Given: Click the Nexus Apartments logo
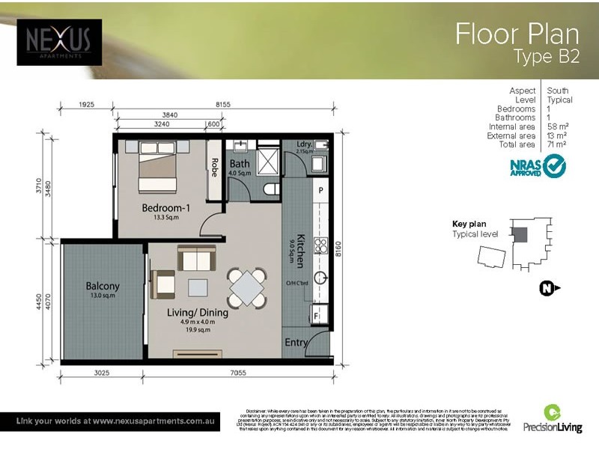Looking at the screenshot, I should pos(59,42).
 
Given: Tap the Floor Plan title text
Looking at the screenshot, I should pos(517,34).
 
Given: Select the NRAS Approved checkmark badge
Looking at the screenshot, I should pos(538,166).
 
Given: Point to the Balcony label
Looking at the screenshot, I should pos(103,287).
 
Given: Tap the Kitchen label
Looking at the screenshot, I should pos(299,250).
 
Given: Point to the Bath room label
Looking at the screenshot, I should pos(240,164).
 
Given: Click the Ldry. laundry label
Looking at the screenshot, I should pos(304,144).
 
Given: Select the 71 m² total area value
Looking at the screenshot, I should pos(556,144).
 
